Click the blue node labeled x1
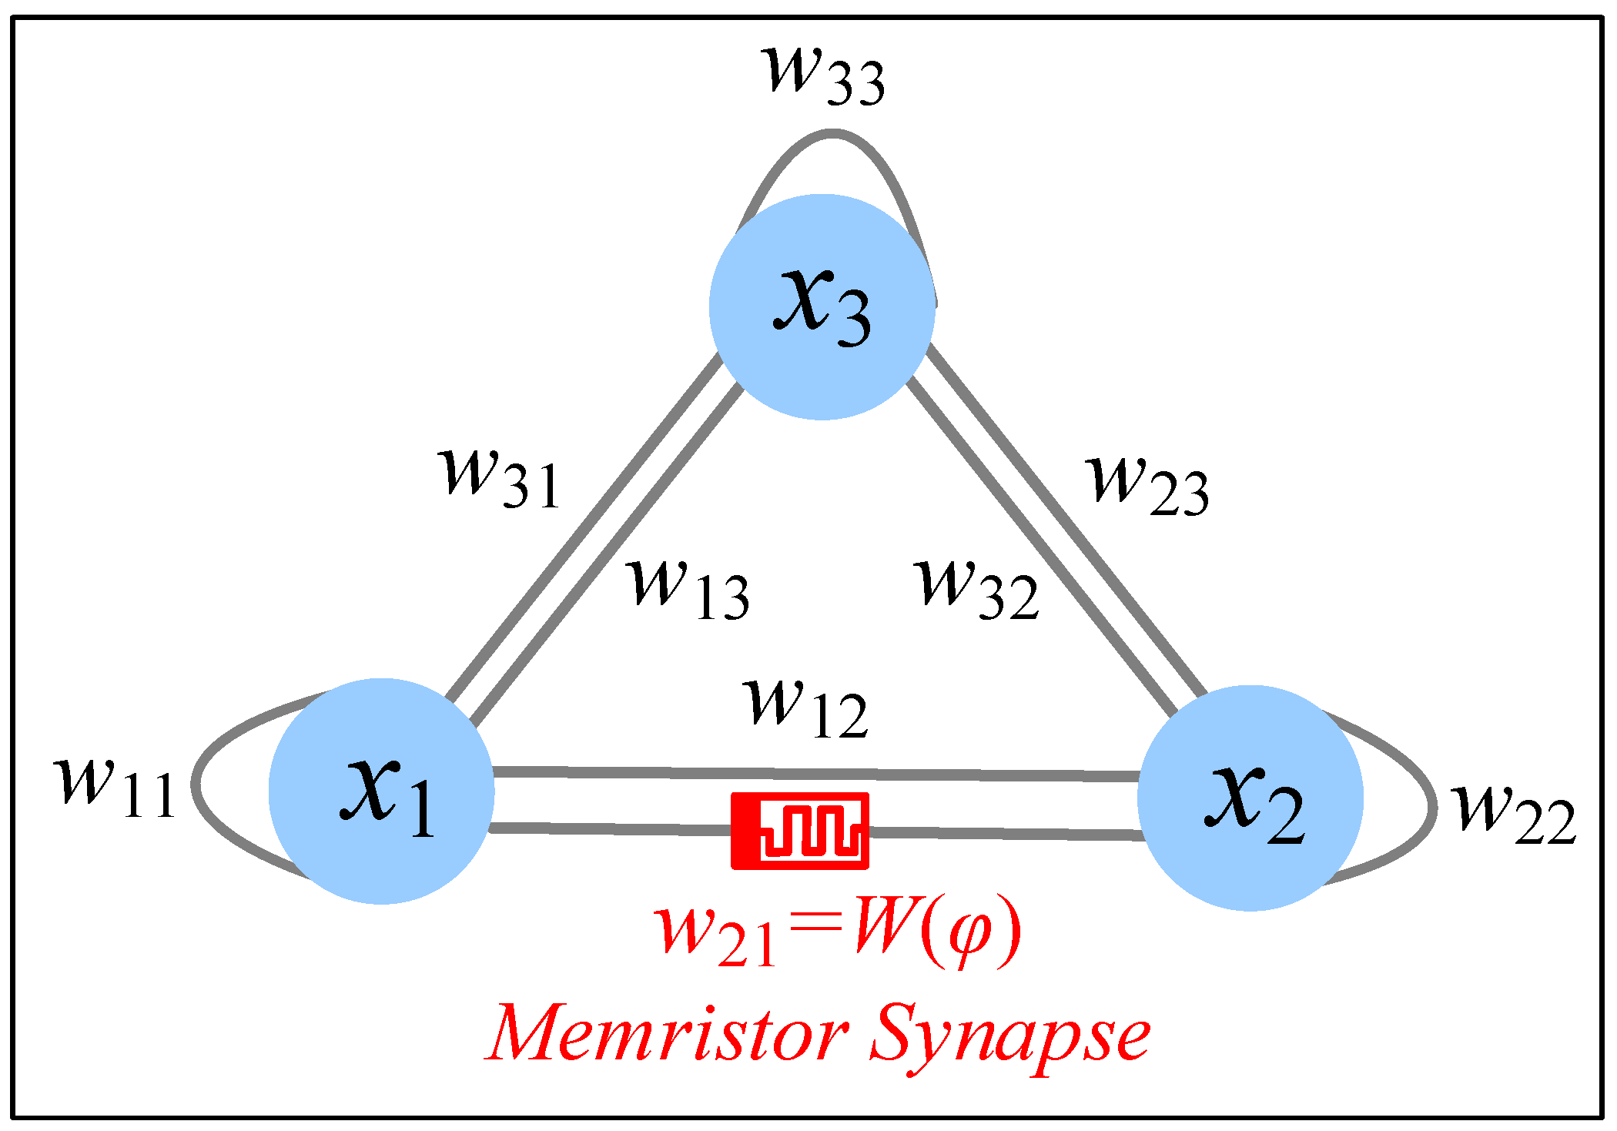381,791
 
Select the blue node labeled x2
1250,798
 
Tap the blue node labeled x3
822,306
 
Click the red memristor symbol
799,831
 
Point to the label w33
822,75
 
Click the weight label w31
499,478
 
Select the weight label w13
688,589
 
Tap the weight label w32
979,589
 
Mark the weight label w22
1514,815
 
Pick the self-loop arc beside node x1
197,784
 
